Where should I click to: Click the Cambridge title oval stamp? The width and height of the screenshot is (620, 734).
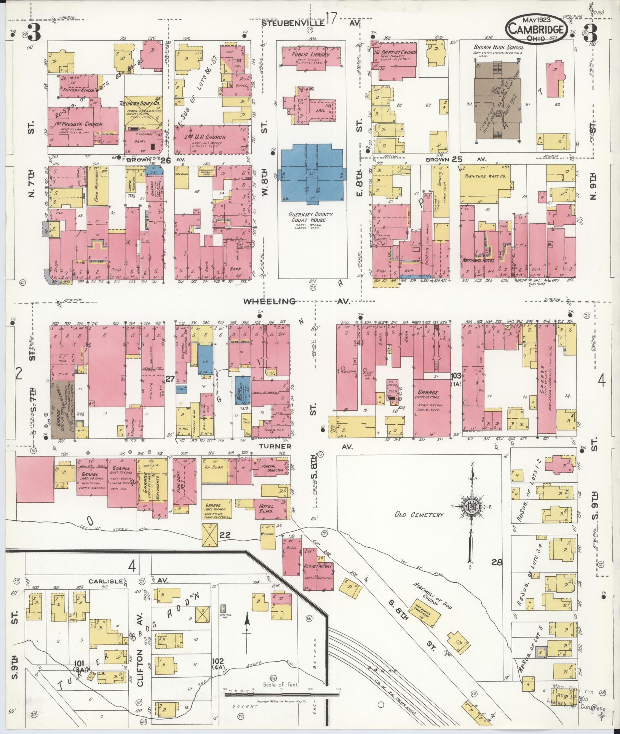pyautogui.click(x=537, y=29)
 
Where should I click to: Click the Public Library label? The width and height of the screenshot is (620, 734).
pyautogui.click(x=311, y=54)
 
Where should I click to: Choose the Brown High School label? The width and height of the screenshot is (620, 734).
pyautogui.click(x=499, y=48)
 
